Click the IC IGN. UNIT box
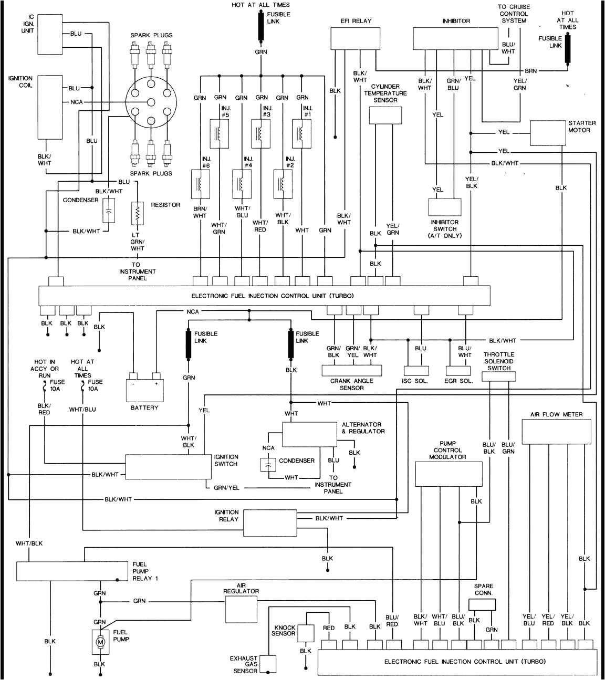click(50, 34)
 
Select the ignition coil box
click(50, 107)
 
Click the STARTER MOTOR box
click(547, 133)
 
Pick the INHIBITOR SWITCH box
click(444, 207)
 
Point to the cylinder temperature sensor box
click(385, 116)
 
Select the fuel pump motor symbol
click(99, 642)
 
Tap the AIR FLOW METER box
click(556, 431)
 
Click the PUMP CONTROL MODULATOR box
click(448, 475)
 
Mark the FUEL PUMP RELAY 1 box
click(71, 571)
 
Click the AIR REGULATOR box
click(241, 609)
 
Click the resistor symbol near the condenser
click(137, 213)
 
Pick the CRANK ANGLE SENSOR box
click(351, 371)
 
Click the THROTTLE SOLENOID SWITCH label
click(499, 361)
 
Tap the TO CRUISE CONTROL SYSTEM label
click(514, 14)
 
